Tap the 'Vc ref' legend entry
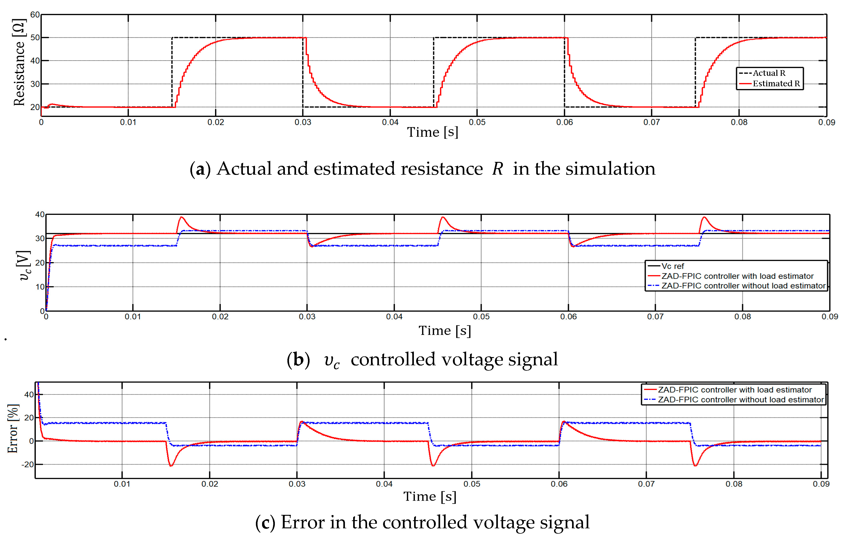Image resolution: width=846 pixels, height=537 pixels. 673,266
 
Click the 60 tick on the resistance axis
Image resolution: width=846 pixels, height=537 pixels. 35,15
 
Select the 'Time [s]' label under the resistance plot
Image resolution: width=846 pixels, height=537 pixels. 433,132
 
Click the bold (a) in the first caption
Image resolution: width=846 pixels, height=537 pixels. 200,169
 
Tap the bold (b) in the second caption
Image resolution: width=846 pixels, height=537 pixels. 298,360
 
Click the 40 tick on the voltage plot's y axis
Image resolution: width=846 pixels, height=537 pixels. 40,214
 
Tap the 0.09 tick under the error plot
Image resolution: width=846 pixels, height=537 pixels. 821,484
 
